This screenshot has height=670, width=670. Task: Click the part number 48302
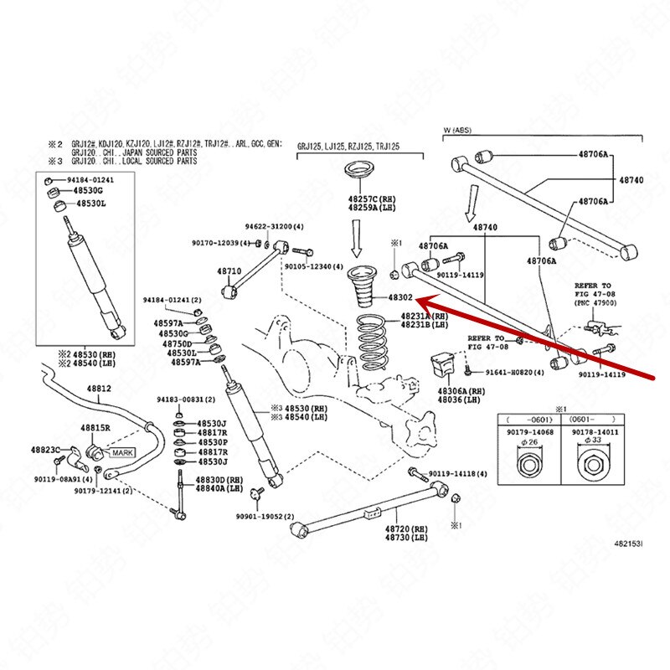point(399,296)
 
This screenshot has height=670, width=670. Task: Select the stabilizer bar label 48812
point(100,389)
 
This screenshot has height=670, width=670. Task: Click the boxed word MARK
point(123,452)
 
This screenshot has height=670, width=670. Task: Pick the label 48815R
point(96,428)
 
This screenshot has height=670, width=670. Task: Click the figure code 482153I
point(625,544)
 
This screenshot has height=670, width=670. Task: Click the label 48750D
point(178,343)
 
